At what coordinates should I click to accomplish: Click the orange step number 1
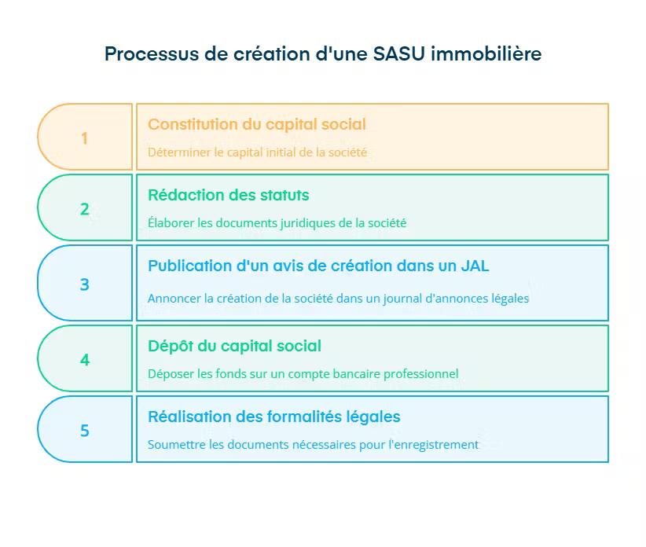coord(84,138)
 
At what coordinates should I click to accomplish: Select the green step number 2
coord(84,209)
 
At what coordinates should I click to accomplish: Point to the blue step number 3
coord(84,285)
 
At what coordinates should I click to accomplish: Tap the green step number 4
coord(84,360)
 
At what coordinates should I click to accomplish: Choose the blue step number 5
coord(84,431)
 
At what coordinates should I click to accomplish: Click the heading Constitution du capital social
coord(257,124)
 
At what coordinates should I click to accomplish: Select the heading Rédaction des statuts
coord(229,195)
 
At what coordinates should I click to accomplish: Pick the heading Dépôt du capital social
coord(234,346)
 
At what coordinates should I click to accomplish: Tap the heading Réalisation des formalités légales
coord(274,417)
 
